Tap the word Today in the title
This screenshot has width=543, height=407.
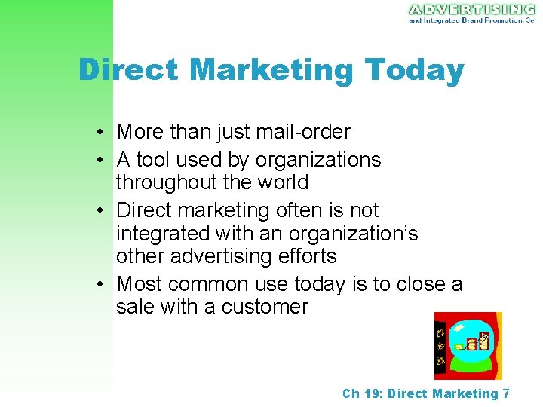click(414, 70)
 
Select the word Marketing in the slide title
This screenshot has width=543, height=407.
click(271, 70)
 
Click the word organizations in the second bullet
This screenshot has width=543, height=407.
click(318, 160)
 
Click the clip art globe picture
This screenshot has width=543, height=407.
click(468, 345)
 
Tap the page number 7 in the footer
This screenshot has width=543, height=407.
click(505, 393)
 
